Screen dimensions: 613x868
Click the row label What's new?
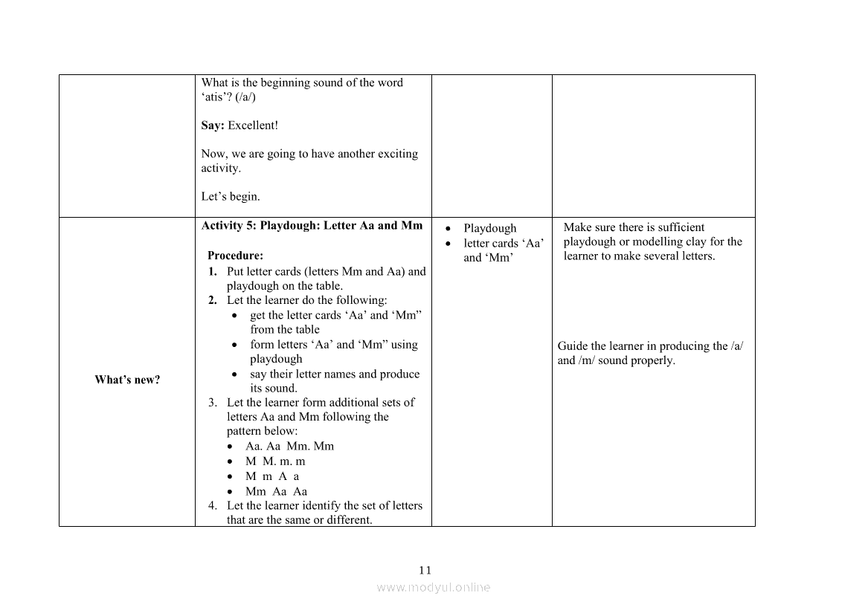(x=127, y=380)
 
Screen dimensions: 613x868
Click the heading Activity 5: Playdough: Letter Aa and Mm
(x=312, y=226)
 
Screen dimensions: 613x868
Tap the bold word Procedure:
(x=235, y=256)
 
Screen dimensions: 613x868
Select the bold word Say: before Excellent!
(x=212, y=126)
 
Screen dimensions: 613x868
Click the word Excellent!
(x=253, y=126)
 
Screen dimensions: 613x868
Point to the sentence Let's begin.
(x=231, y=197)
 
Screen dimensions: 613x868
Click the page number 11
(x=425, y=571)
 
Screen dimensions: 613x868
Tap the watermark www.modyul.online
(x=434, y=587)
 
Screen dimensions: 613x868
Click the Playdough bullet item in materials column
(x=489, y=228)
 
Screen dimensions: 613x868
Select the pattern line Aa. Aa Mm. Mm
(x=289, y=447)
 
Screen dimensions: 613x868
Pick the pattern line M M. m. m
(x=275, y=461)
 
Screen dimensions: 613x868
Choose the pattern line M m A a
(x=272, y=476)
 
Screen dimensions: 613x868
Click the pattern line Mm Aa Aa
(x=276, y=491)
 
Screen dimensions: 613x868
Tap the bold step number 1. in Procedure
(x=213, y=271)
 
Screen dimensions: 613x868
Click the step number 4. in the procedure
(x=213, y=505)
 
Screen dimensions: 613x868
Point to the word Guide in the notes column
(x=573, y=346)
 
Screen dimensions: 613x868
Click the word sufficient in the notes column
(x=680, y=227)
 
